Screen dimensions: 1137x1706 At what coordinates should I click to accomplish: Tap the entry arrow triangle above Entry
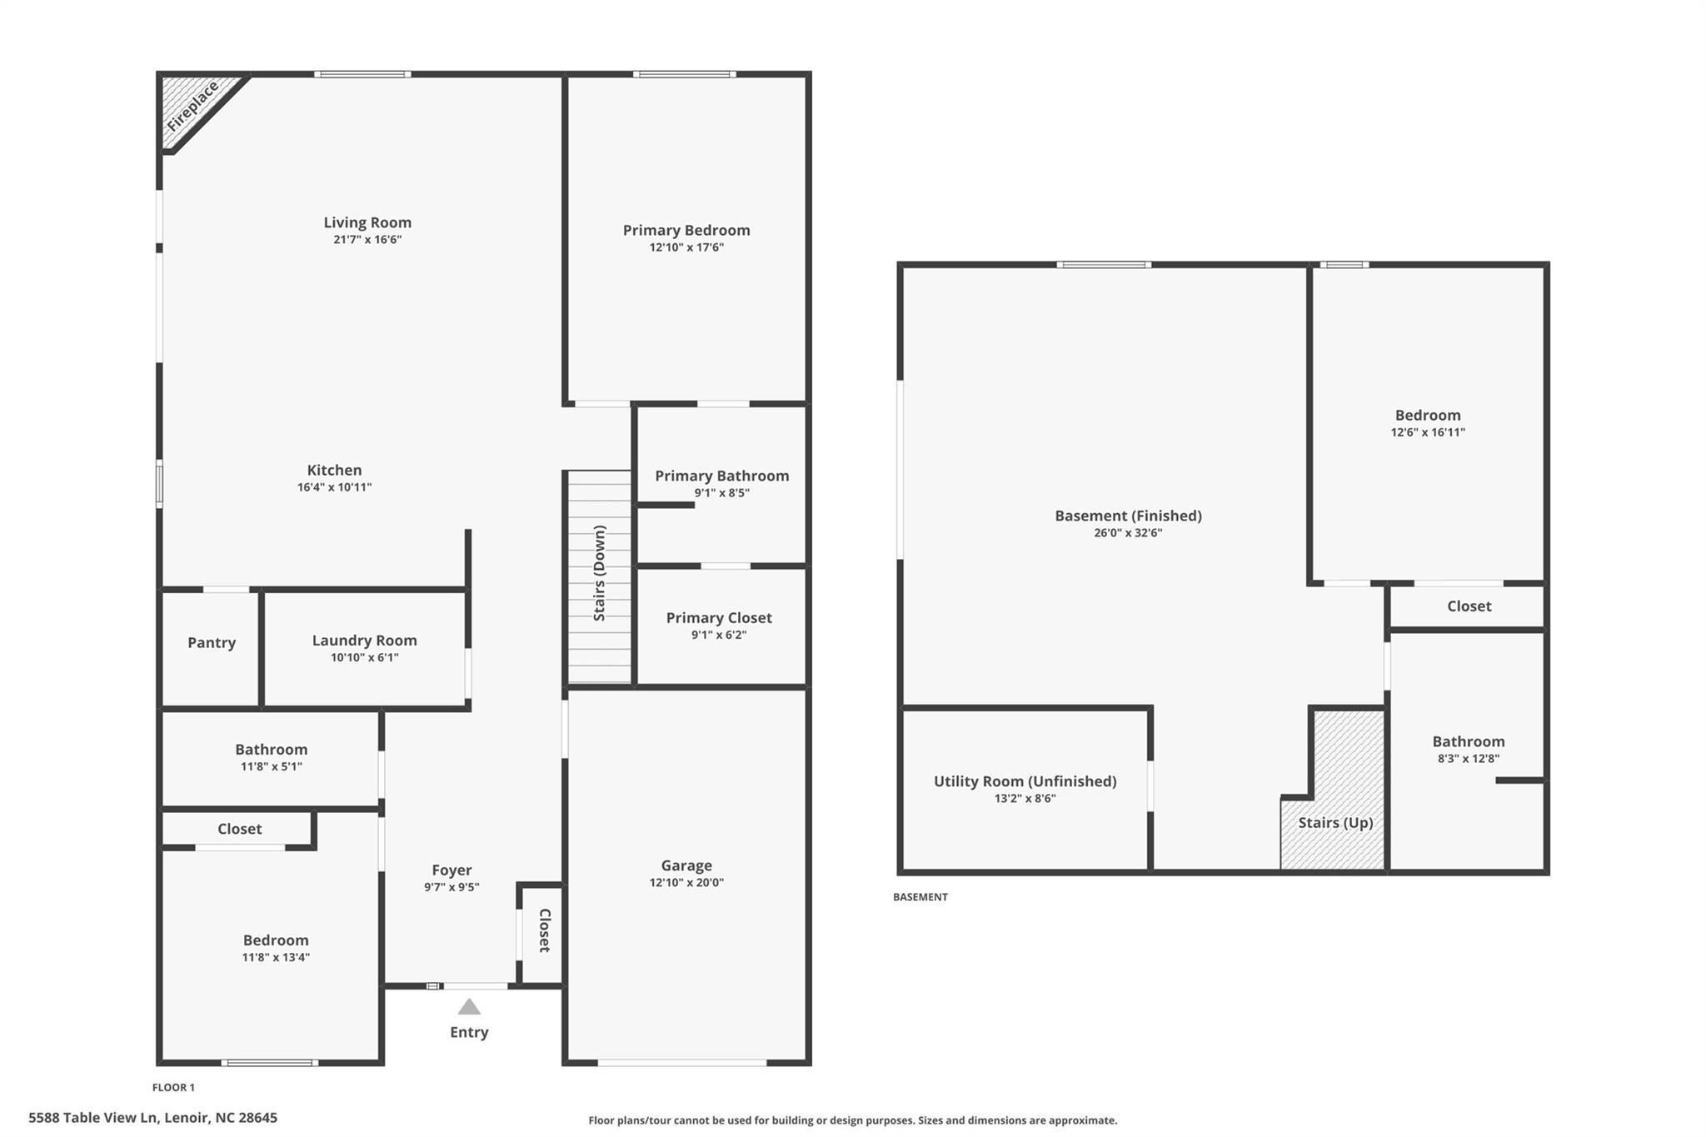point(469,1007)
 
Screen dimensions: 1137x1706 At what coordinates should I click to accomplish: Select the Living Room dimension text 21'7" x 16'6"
point(367,240)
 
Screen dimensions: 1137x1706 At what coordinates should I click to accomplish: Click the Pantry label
point(212,642)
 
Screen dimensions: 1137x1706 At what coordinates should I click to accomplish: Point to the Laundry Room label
point(364,640)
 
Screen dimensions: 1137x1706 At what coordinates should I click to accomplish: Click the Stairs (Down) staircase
point(600,575)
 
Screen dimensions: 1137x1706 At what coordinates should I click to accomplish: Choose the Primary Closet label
point(719,617)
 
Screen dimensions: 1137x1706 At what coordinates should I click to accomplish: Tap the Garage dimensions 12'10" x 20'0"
point(686,883)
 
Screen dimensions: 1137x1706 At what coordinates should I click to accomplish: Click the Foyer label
point(451,870)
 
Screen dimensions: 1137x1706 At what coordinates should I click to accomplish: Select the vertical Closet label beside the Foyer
point(545,930)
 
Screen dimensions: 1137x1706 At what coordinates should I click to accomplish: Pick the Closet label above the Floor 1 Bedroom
point(240,829)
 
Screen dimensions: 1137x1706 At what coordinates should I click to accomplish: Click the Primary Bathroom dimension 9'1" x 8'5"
point(721,493)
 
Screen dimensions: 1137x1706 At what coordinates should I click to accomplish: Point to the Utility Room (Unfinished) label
point(1025,780)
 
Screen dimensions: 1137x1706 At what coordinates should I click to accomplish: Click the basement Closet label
point(1469,606)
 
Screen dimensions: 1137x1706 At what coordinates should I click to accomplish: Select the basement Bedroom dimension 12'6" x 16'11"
point(1428,432)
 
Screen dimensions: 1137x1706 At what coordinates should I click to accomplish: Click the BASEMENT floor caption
point(920,897)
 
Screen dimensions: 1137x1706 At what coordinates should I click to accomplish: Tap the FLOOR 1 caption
point(173,1087)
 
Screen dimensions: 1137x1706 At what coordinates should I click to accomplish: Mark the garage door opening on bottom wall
point(682,1062)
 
